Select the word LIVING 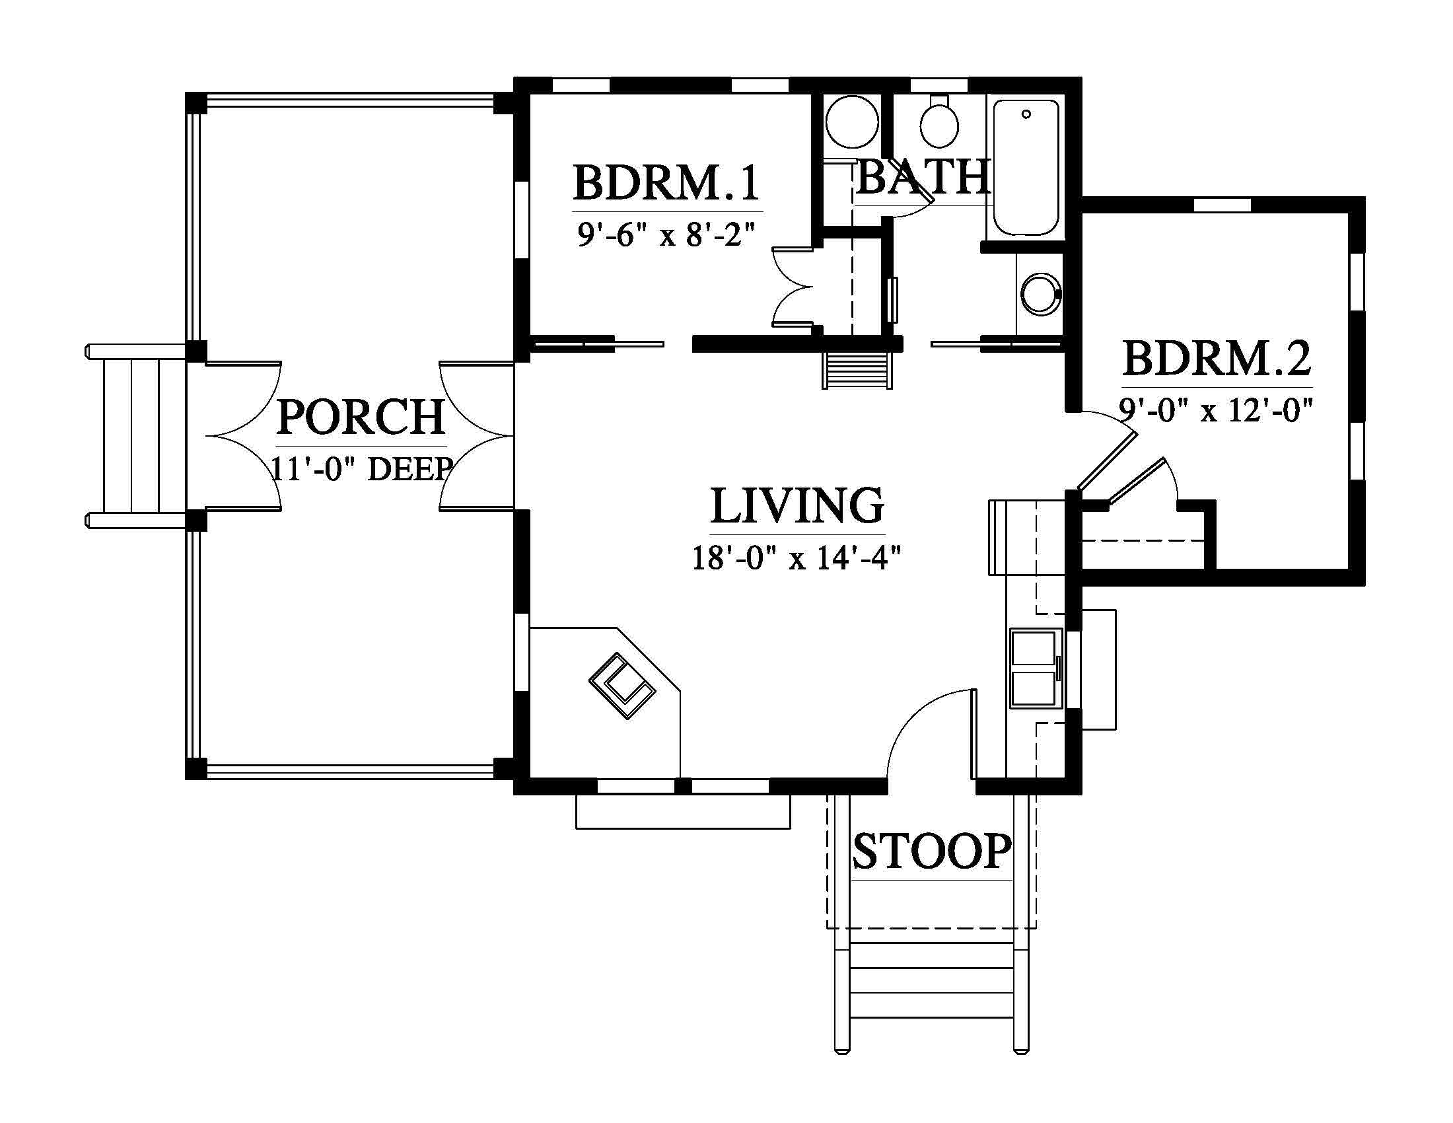797,505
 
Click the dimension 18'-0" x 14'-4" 797,558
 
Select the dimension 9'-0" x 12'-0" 1216,410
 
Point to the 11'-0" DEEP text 363,468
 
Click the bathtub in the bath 1026,168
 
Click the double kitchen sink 1033,668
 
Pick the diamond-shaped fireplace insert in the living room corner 622,686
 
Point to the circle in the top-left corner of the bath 851,122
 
